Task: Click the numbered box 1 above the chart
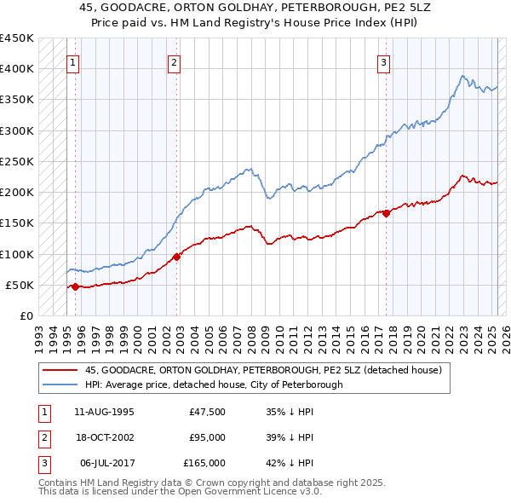tap(72, 61)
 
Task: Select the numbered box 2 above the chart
tap(174, 61)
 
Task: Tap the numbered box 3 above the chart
tap(384, 61)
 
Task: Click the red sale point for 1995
tap(75, 286)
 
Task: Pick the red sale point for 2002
tap(176, 257)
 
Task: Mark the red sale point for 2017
tap(386, 213)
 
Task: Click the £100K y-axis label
tap(17, 254)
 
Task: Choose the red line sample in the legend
tap(60, 371)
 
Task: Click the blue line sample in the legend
tap(60, 384)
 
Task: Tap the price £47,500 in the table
tap(208, 411)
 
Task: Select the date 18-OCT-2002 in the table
tap(105, 437)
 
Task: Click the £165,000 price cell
tap(204, 463)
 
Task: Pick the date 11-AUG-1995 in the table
tap(105, 411)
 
